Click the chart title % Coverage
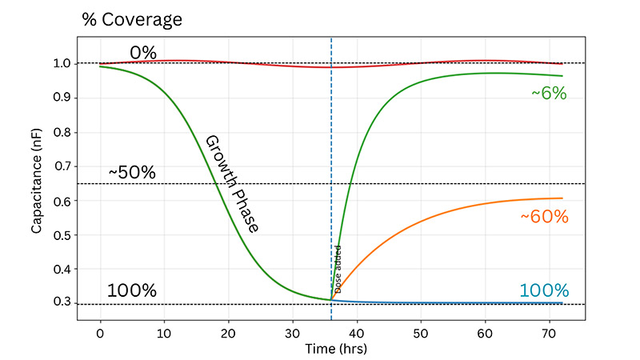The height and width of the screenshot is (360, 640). coord(133,19)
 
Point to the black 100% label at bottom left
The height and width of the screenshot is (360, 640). coord(132,291)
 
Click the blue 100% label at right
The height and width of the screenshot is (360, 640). coord(544,291)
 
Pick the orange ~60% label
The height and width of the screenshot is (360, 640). coord(544,217)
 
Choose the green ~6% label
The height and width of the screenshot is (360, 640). coord(549,94)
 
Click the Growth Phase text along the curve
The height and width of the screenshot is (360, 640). coord(232,183)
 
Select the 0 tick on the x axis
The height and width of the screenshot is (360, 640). coord(100,330)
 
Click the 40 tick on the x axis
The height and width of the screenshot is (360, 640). coord(357,330)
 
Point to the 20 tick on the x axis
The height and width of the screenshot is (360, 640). coord(228,330)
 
